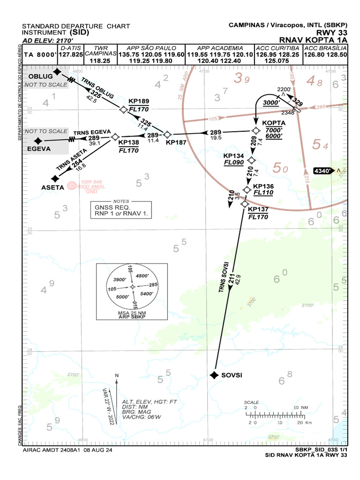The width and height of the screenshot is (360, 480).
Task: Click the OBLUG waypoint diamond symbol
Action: click(x=57, y=72)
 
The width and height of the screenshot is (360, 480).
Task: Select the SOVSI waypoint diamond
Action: click(x=214, y=375)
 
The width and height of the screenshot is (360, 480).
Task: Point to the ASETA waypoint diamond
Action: click(x=55, y=179)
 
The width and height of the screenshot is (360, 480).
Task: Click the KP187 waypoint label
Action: click(x=176, y=142)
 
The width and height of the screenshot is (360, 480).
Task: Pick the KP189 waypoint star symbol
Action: click(x=123, y=110)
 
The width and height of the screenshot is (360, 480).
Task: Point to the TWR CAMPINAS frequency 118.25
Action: click(x=99, y=60)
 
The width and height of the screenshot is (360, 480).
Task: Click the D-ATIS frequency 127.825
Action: click(x=71, y=54)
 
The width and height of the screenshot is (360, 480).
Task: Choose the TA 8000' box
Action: click(x=40, y=54)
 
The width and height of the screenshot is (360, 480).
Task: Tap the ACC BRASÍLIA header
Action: click(x=325, y=48)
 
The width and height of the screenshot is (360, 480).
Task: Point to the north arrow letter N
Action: click(x=117, y=375)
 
